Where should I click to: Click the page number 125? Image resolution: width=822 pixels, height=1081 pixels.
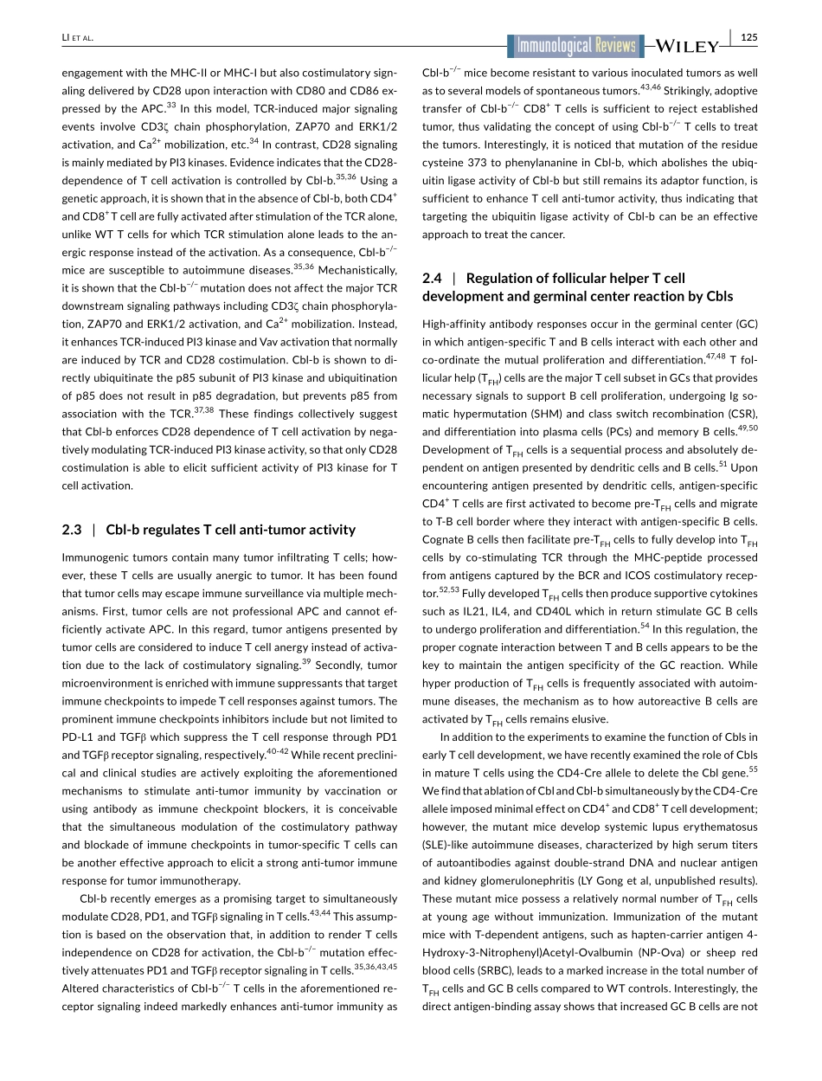(x=749, y=37)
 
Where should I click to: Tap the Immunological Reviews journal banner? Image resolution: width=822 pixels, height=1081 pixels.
(x=575, y=47)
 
